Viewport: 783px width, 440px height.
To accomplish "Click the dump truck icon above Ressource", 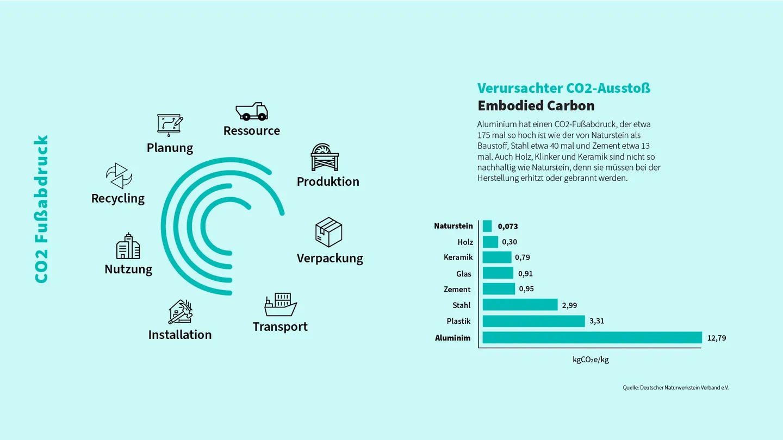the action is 252,111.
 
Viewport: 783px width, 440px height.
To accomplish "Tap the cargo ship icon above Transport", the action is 281,305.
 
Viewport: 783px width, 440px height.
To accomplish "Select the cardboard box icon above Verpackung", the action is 328,232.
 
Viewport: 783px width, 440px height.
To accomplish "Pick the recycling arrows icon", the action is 119,175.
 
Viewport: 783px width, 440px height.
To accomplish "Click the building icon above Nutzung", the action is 128,246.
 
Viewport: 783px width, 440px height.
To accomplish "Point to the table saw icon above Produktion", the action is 325,157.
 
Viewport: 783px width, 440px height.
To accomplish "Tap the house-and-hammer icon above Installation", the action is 181,312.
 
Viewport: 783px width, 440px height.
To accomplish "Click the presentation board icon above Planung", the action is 170,125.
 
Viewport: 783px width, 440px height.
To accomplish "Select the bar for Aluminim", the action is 592,338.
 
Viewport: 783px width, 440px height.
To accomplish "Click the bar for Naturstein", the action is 487,226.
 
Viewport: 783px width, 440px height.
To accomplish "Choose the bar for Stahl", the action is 520,305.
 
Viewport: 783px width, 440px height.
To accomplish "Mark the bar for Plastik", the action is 534,321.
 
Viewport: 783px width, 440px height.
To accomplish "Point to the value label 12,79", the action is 717,338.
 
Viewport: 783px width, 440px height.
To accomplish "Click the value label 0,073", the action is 508,227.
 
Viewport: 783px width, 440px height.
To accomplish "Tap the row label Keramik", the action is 458,257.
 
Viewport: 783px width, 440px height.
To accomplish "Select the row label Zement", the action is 457,290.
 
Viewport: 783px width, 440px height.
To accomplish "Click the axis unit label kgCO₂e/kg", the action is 591,360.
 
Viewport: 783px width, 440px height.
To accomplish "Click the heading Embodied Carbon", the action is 536,105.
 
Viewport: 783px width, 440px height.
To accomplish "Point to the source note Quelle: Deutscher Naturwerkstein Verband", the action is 676,388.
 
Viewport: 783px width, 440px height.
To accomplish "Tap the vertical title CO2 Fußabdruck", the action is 41,209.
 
